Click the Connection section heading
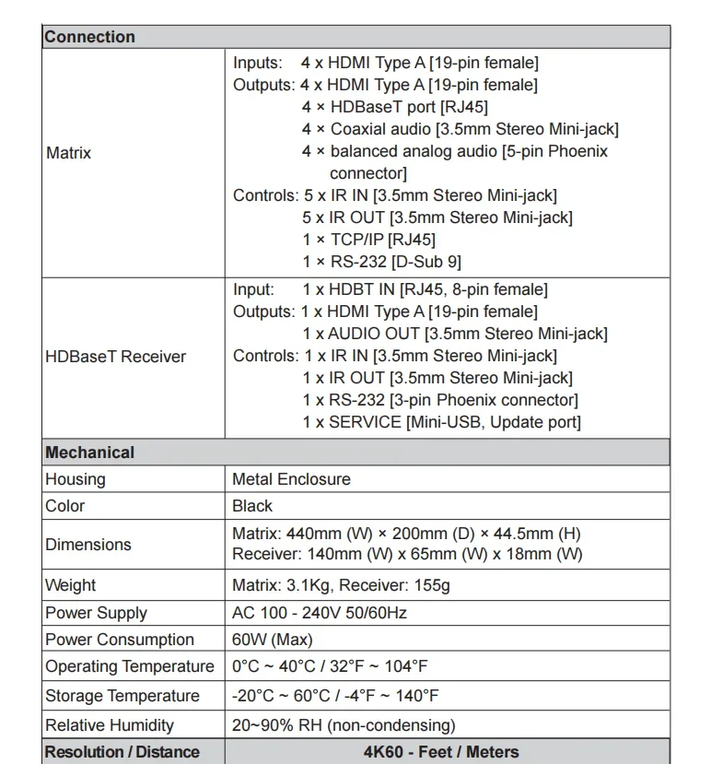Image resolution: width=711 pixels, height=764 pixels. pyautogui.click(x=89, y=37)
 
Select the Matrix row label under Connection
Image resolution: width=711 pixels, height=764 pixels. pyautogui.click(x=69, y=153)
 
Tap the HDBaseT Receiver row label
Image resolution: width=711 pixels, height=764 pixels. pyautogui.click(x=115, y=357)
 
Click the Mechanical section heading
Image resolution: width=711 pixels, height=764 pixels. pyautogui.click(x=89, y=453)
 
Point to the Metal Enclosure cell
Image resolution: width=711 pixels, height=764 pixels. pyautogui.click(x=291, y=479)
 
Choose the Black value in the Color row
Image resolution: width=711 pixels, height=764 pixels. pyautogui.click(x=252, y=506)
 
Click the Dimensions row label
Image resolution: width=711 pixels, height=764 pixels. pyautogui.click(x=88, y=545)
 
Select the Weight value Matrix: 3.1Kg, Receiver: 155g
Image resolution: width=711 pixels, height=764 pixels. pyautogui.click(x=341, y=585)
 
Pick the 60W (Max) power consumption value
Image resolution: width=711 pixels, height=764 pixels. pyautogui.click(x=273, y=640)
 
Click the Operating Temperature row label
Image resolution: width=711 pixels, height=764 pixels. pyautogui.click(x=130, y=666)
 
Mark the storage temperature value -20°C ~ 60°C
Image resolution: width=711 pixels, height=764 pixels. pyautogui.click(x=335, y=696)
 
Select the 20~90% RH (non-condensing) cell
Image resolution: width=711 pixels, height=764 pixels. pyautogui.click(x=344, y=725)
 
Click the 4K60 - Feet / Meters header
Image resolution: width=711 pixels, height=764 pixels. pyautogui.click(x=441, y=752)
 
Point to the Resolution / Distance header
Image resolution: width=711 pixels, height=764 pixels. pyautogui.click(x=122, y=752)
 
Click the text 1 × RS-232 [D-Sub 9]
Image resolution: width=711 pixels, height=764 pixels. pyautogui.click(x=382, y=262)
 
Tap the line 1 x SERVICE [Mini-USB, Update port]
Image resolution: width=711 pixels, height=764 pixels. pyautogui.click(x=441, y=422)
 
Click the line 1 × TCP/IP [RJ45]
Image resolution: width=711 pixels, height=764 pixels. pyautogui.click(x=368, y=240)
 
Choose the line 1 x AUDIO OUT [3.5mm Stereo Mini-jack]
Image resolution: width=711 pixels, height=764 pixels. pyautogui.click(x=455, y=334)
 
